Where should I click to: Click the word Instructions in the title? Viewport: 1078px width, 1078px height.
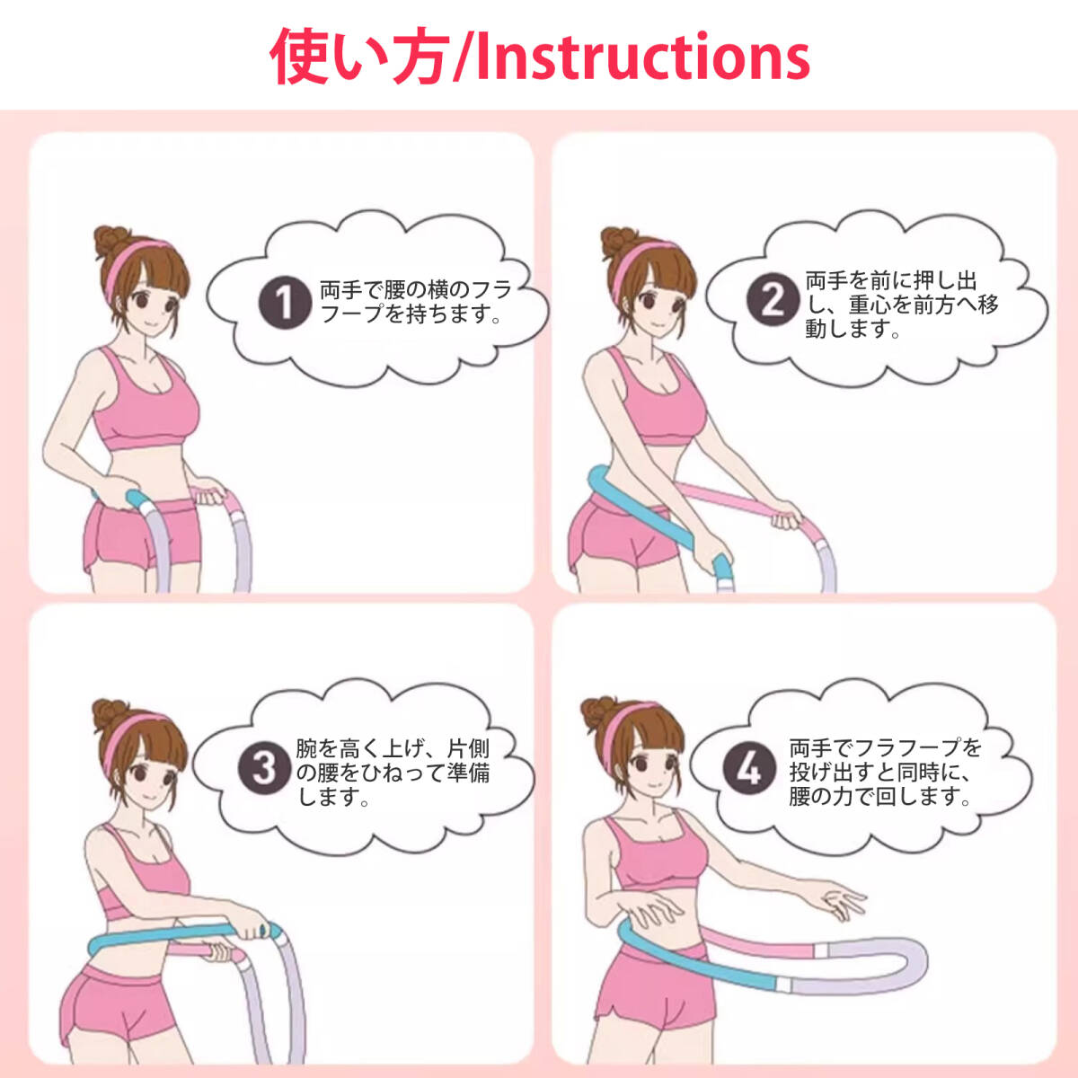click(x=643, y=56)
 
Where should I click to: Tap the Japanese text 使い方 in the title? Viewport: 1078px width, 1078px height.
click(x=359, y=56)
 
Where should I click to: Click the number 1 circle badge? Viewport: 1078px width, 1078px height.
click(x=283, y=302)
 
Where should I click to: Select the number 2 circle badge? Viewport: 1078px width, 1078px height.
click(x=773, y=300)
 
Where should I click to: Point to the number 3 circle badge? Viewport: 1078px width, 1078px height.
click(x=263, y=769)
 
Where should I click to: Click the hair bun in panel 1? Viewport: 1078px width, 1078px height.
click(x=111, y=243)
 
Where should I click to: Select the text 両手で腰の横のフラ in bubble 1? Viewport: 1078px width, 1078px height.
click(x=416, y=290)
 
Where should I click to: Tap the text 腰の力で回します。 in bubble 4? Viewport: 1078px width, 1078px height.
click(x=880, y=796)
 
